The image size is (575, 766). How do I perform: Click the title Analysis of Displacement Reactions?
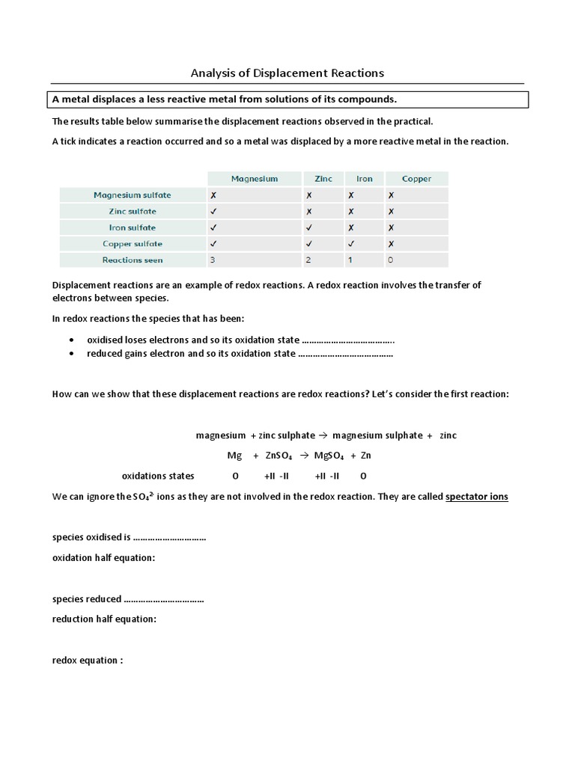[287, 73]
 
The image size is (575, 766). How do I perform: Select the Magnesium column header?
[254, 179]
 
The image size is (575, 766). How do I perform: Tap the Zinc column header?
[323, 179]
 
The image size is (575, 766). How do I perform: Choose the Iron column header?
[365, 179]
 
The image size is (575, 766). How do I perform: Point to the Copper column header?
[416, 179]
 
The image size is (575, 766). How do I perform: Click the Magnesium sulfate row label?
[133, 195]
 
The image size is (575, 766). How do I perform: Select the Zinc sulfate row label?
[133, 212]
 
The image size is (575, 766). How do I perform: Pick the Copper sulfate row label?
[133, 244]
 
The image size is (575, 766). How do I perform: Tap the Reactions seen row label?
[133, 260]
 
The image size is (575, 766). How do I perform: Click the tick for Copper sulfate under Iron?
[350, 244]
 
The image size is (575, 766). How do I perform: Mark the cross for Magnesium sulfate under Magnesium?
[215, 195]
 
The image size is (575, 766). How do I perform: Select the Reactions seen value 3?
[215, 260]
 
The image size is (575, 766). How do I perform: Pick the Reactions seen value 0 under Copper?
[390, 260]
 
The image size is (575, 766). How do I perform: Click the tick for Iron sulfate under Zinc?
[309, 227]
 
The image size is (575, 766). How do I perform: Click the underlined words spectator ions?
[476, 496]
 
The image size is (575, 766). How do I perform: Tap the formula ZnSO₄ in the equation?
[279, 456]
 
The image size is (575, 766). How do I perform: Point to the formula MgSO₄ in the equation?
[329, 456]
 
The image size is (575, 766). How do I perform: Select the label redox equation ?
[88, 661]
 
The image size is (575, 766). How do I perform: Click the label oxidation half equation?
[103, 557]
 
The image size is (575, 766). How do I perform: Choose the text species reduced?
[86, 599]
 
